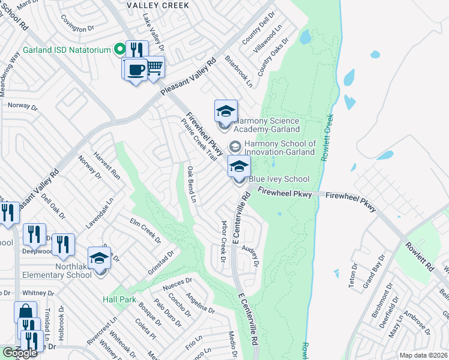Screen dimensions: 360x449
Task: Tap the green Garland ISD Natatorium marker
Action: click(x=119, y=49)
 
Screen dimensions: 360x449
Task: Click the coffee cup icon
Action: click(x=136, y=70)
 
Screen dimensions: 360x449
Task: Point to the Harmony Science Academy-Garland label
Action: click(x=266, y=125)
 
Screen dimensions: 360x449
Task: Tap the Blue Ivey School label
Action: click(x=279, y=179)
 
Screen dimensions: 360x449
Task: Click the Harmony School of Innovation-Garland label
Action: click(x=280, y=148)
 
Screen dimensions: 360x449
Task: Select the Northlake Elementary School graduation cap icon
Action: click(x=99, y=259)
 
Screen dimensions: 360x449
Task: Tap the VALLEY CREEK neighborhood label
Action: click(x=158, y=5)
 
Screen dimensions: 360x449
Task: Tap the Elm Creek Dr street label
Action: click(x=146, y=230)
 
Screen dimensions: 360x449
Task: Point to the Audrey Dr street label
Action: click(x=250, y=255)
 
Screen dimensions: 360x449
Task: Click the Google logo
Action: click(x=20, y=353)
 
